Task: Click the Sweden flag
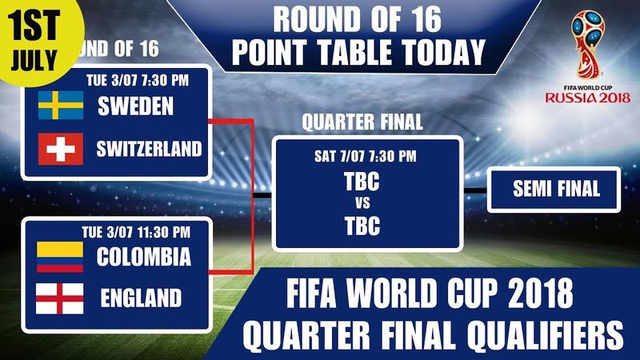pos(61,106)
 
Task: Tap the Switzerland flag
pos(61,149)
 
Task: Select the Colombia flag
pos(60,257)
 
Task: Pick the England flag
pos(60,298)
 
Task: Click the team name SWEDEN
pos(135,106)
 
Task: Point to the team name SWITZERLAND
pos(149,149)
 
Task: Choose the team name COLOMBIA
pos(144,257)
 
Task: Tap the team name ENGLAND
pos(142,298)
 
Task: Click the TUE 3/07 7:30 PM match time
pos(138,81)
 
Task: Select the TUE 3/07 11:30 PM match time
pos(136,232)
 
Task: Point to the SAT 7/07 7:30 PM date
pos(366,156)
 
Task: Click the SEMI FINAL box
pos(554,190)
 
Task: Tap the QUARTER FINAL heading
pos(362,122)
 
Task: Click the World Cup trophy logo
pos(587,44)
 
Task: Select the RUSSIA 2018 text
pos(588,98)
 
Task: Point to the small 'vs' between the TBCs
pos(362,203)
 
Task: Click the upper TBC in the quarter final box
pos(362,182)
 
